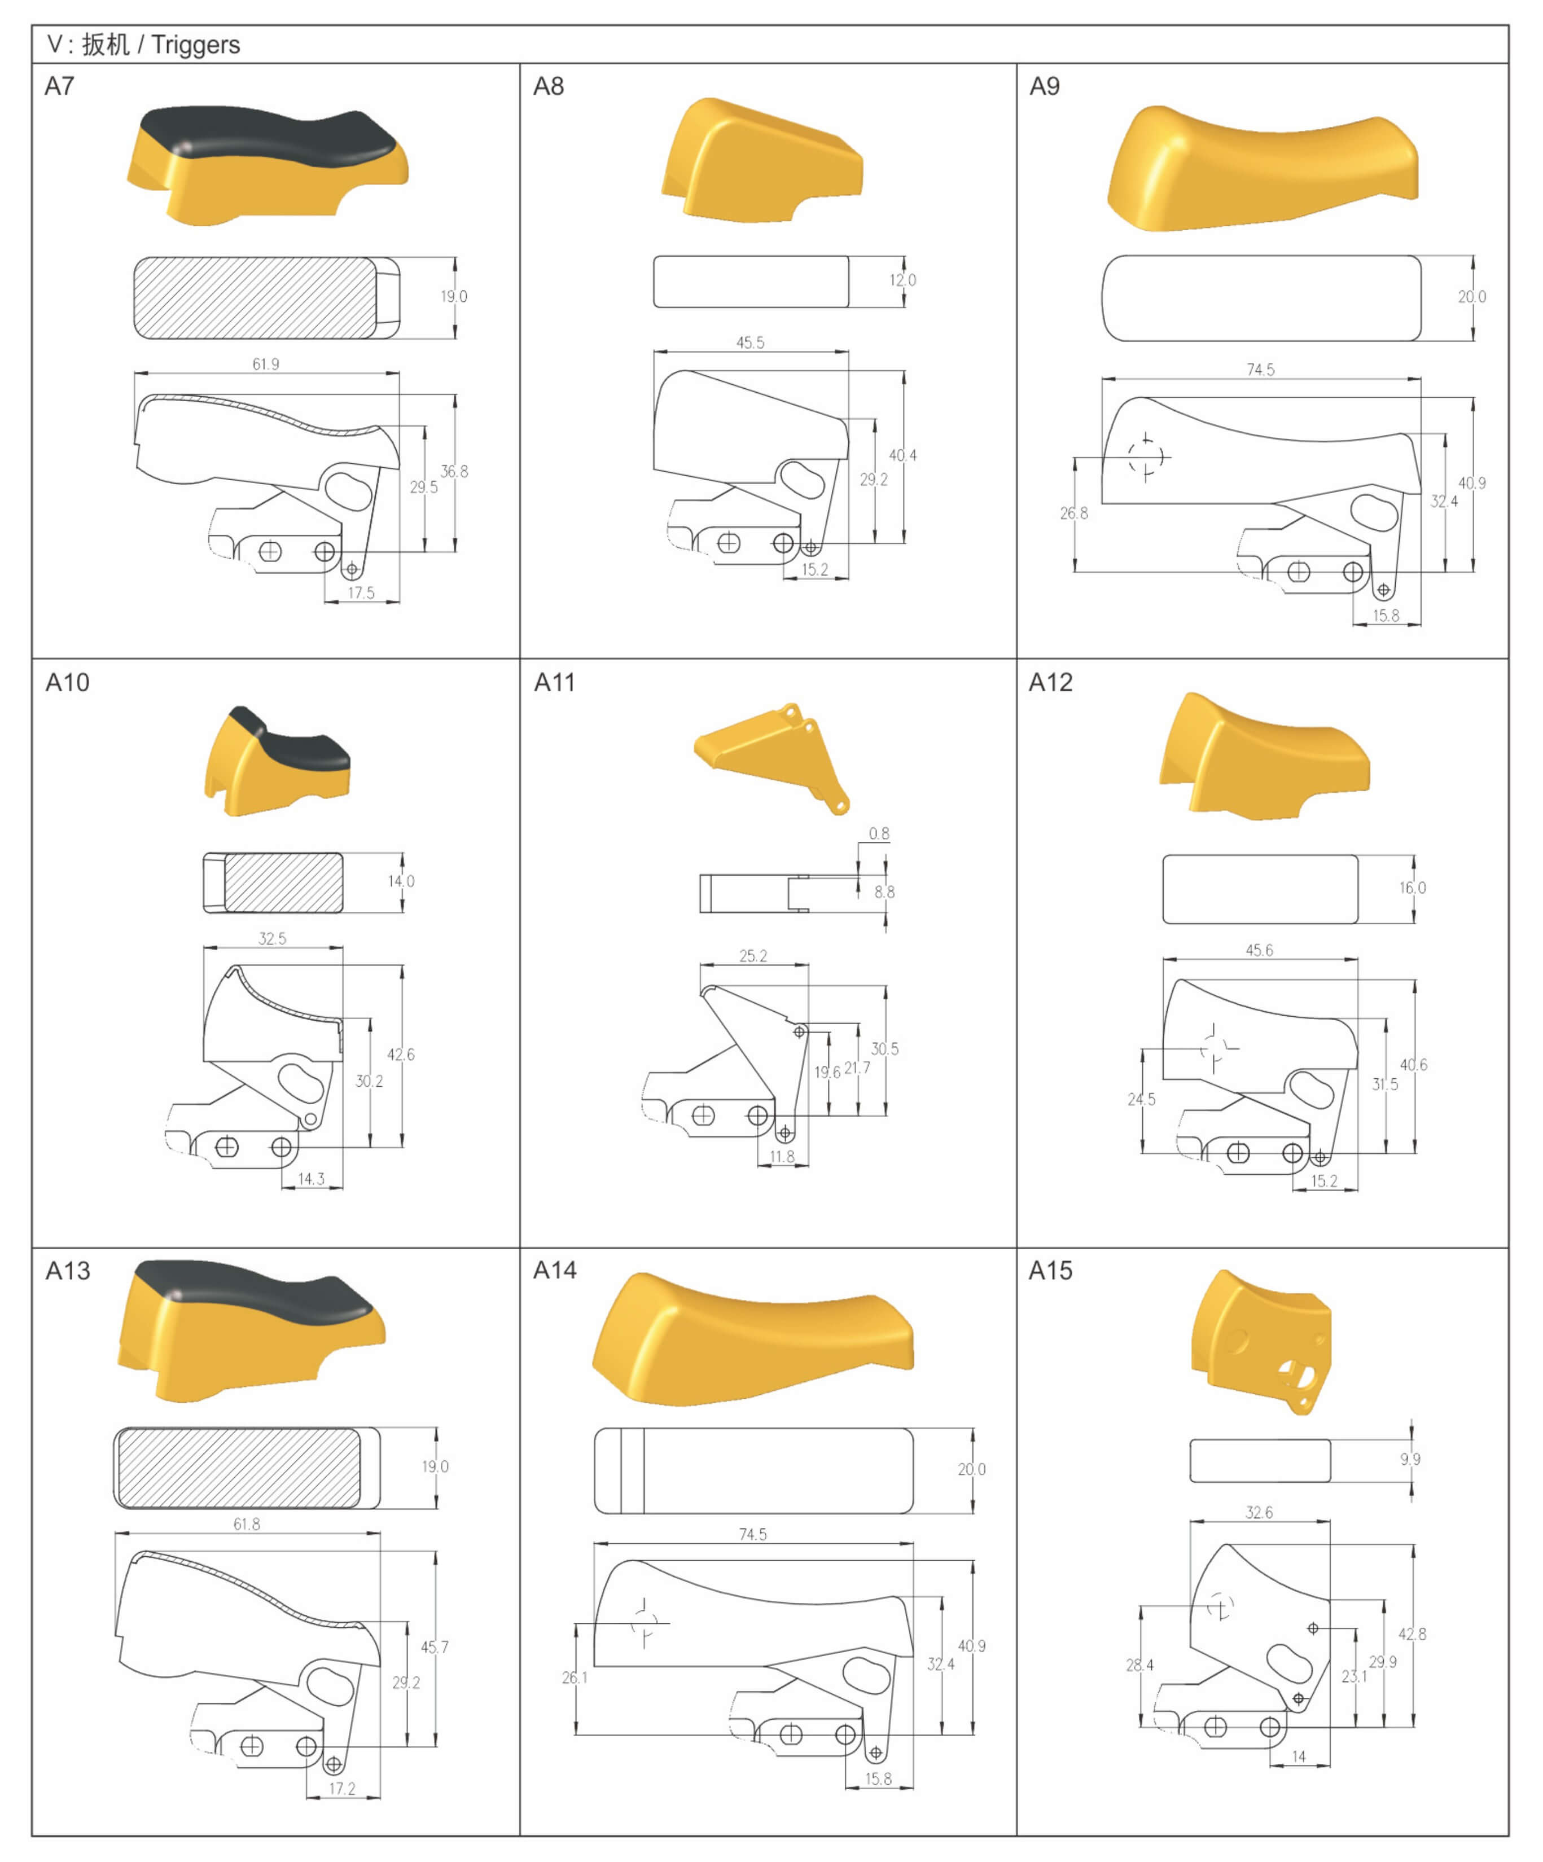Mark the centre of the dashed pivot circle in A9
coord(1146,458)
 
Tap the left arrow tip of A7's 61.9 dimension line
coord(135,374)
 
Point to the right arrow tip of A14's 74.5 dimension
coord(913,1544)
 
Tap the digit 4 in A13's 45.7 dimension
coord(426,1646)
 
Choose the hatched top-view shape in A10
coord(283,882)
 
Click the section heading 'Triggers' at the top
coord(195,45)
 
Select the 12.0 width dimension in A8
coord(903,280)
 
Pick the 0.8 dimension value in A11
coord(879,833)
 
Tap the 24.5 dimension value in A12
coord(1141,1100)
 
